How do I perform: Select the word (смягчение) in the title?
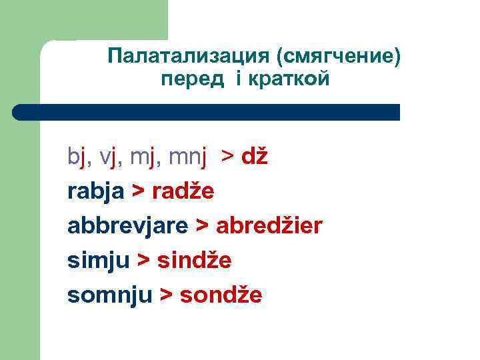(x=342, y=57)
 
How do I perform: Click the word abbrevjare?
(x=127, y=226)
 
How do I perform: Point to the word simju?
(x=98, y=261)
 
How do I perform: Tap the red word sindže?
(x=194, y=261)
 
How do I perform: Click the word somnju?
(x=110, y=295)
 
